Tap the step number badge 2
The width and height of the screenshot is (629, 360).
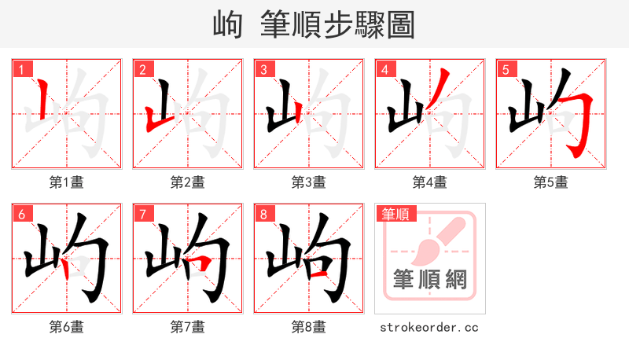coord(142,69)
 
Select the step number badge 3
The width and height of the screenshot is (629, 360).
coord(263,69)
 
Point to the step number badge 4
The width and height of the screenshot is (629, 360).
coord(384,69)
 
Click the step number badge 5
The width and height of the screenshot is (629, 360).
coord(506,69)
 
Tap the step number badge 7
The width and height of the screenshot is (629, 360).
coord(142,214)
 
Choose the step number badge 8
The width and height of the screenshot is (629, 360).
coord(263,214)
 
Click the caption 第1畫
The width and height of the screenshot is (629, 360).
coord(66,182)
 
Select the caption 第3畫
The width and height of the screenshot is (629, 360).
coord(308,182)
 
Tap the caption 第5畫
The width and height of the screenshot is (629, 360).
coord(550,182)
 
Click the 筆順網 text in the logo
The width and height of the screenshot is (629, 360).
coord(430,279)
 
